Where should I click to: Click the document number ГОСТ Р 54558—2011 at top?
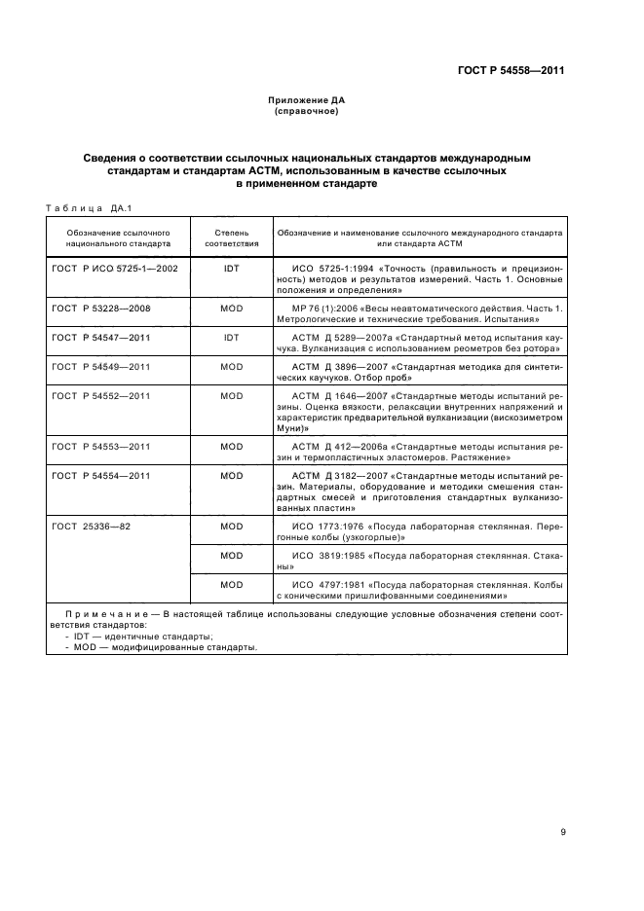(x=511, y=70)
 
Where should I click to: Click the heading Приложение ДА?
(x=307, y=100)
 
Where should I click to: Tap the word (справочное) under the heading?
(x=307, y=111)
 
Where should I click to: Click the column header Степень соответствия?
(x=232, y=239)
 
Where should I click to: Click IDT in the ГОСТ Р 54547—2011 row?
(x=232, y=337)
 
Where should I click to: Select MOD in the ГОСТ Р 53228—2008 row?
(x=232, y=308)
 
